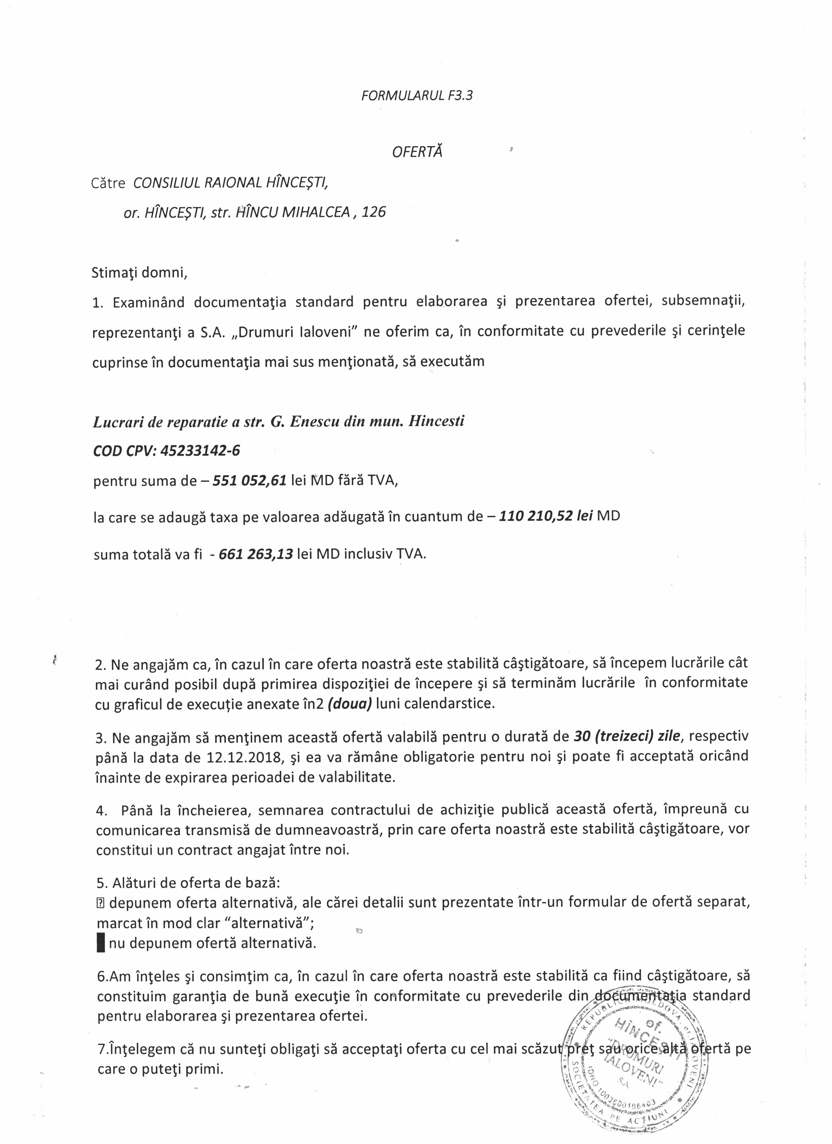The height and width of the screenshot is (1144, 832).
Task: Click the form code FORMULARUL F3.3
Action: [x=417, y=96]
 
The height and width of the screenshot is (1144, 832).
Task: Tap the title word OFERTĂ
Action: [x=417, y=152]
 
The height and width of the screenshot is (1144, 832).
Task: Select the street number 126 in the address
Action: [x=374, y=212]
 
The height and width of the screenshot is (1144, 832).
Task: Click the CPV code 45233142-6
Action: [x=200, y=450]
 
